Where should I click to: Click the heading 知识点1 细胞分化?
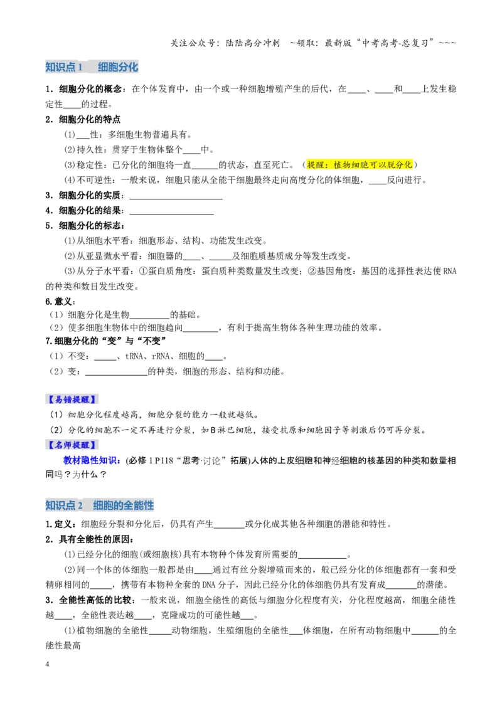(92, 67)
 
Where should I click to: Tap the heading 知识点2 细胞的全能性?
(100, 506)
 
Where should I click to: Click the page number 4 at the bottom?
(47, 664)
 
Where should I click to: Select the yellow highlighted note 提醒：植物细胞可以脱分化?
(360, 164)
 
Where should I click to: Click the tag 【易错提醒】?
(72, 400)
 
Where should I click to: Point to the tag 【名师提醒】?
(72, 445)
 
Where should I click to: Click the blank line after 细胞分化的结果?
(172, 214)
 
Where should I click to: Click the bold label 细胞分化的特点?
(90, 119)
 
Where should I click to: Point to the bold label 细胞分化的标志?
(90, 226)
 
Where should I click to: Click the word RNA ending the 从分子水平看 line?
(450, 271)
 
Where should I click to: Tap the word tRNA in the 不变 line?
(134, 356)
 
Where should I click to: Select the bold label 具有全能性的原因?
(94, 539)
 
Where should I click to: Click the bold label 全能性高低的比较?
(94, 600)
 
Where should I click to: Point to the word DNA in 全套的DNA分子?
(209, 585)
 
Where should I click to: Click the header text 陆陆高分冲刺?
(253, 43)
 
